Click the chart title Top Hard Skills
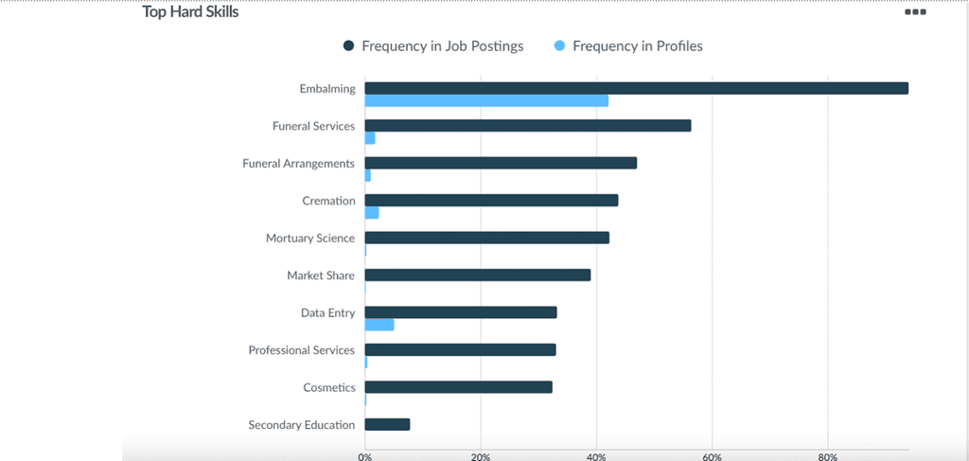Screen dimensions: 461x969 190,11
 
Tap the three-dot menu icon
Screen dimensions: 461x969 915,12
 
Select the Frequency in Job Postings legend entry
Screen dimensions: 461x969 433,45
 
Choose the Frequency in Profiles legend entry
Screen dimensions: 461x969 628,45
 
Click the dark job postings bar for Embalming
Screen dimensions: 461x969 636,88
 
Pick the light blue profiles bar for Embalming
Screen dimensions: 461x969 486,100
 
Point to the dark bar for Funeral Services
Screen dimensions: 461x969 527,126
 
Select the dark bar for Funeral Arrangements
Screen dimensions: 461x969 501,163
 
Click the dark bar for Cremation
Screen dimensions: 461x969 491,200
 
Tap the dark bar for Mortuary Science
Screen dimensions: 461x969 486,238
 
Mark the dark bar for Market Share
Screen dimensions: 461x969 477,275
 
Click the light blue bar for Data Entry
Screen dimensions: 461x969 379,325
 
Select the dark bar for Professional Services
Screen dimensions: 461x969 460,349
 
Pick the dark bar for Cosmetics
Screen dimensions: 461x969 458,387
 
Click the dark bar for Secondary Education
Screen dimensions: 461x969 387,424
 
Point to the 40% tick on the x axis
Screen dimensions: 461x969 596,456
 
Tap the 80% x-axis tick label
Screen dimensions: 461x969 828,456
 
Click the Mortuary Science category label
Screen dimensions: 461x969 309,239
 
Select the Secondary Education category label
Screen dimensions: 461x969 301,425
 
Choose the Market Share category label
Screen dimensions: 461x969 321,275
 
